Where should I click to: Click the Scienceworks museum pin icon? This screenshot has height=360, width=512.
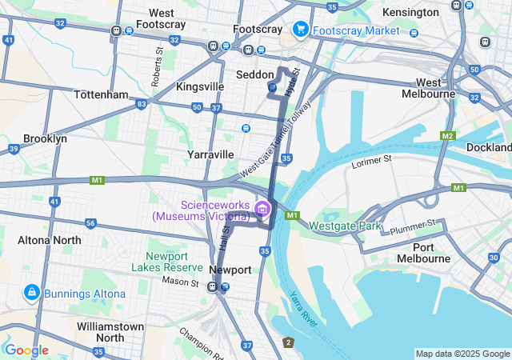click(x=261, y=210)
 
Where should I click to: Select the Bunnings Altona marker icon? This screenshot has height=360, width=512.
click(x=32, y=293)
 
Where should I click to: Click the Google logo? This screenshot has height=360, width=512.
click(x=26, y=350)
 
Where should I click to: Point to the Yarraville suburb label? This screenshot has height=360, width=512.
click(x=210, y=154)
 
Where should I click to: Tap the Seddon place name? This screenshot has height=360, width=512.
click(x=255, y=74)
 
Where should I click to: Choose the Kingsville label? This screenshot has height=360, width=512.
click(x=200, y=86)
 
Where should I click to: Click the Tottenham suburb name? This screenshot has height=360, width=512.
click(x=101, y=94)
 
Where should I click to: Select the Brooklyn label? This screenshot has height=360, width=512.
click(x=45, y=138)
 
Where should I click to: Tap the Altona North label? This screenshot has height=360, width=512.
click(x=50, y=240)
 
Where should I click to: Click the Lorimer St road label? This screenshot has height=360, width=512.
click(x=371, y=162)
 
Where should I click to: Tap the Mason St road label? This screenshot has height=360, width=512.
click(x=179, y=282)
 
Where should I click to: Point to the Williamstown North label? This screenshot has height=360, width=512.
click(x=110, y=332)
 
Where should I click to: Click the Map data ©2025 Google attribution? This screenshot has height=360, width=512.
click(x=462, y=354)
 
